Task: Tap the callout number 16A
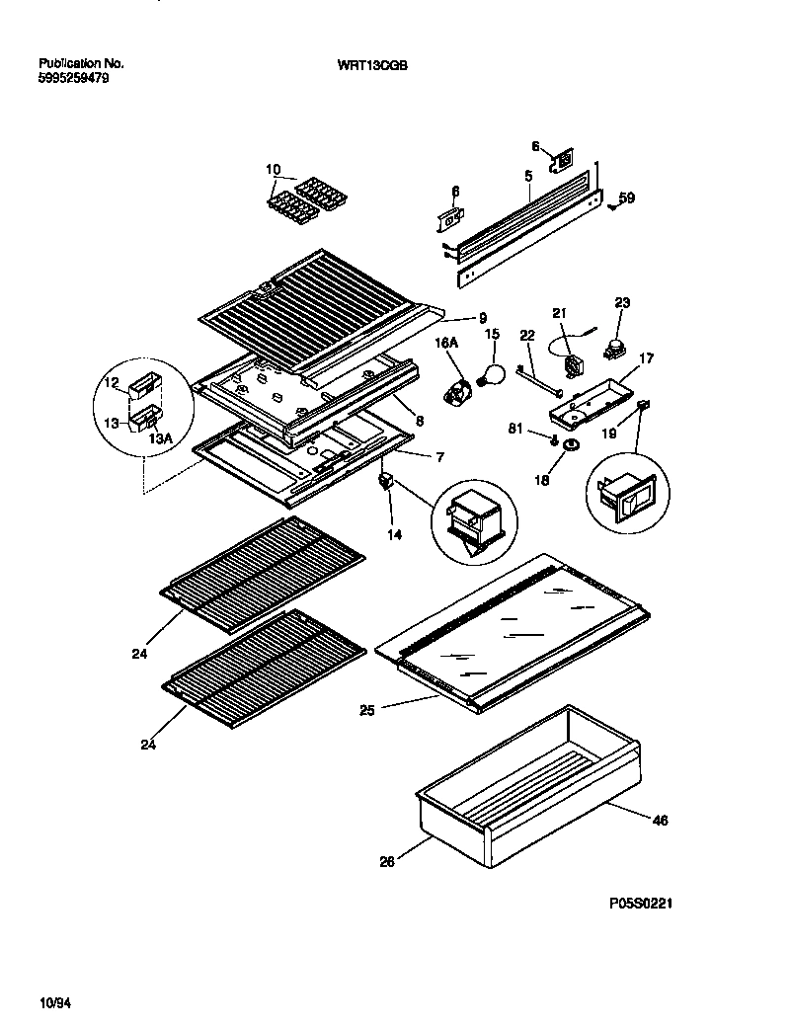pos(446,342)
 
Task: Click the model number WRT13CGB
pos(372,65)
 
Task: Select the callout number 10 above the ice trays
pos(274,169)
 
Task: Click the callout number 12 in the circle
pos(112,383)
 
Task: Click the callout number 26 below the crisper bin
pos(386,861)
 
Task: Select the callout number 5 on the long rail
pos(528,175)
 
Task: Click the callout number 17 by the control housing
pos(646,358)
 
